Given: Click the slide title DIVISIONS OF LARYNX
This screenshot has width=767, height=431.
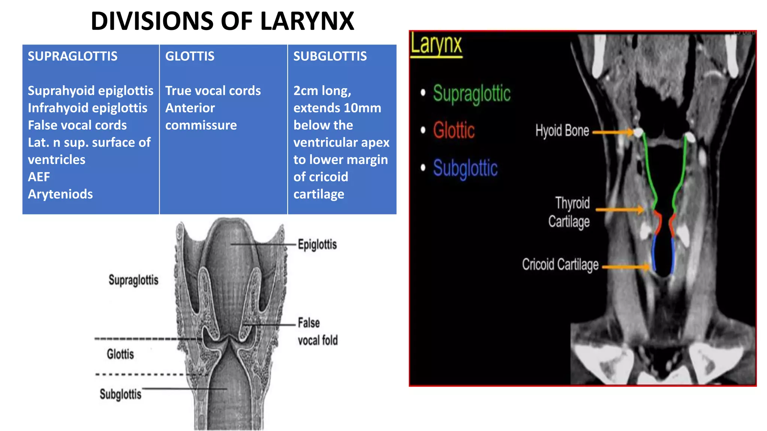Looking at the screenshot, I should pos(222,21).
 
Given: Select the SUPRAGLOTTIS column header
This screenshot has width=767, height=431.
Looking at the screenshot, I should pos(73,56).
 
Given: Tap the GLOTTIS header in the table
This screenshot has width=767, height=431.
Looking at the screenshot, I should pos(190,56).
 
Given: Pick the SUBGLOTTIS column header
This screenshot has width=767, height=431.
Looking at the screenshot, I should pos(330,56).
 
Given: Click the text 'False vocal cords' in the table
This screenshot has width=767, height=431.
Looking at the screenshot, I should pos(77,125).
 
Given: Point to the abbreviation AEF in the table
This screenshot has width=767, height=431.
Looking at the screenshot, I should pos(39,177).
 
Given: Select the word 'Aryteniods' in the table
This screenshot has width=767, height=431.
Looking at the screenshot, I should pos(60,194).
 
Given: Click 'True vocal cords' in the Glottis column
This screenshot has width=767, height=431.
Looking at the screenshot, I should pos(213,91).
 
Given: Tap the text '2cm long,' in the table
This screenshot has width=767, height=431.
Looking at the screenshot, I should pos(322,91).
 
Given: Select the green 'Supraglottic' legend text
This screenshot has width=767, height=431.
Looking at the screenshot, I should pos(472,94).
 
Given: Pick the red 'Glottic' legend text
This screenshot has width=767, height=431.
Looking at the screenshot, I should pos(454,131).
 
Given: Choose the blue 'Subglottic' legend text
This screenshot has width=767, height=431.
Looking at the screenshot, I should pos(465,168).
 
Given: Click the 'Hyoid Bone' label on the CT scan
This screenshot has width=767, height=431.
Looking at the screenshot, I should pos(562,131).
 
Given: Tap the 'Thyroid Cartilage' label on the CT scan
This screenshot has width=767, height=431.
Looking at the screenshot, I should pos(569,212).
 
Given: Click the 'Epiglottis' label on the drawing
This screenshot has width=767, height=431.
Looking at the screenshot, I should pos(317,245).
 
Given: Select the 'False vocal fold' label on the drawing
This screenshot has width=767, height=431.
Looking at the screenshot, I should pos(318,331).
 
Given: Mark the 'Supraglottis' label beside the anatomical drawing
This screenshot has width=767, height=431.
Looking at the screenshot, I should pos(133,280).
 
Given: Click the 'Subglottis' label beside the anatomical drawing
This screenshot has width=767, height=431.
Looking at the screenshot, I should pos(120,394).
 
